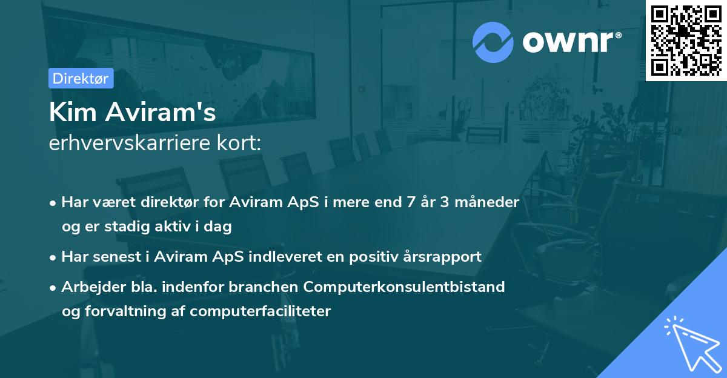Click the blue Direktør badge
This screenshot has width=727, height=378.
(x=81, y=78)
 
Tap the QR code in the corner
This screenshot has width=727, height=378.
(x=686, y=40)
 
